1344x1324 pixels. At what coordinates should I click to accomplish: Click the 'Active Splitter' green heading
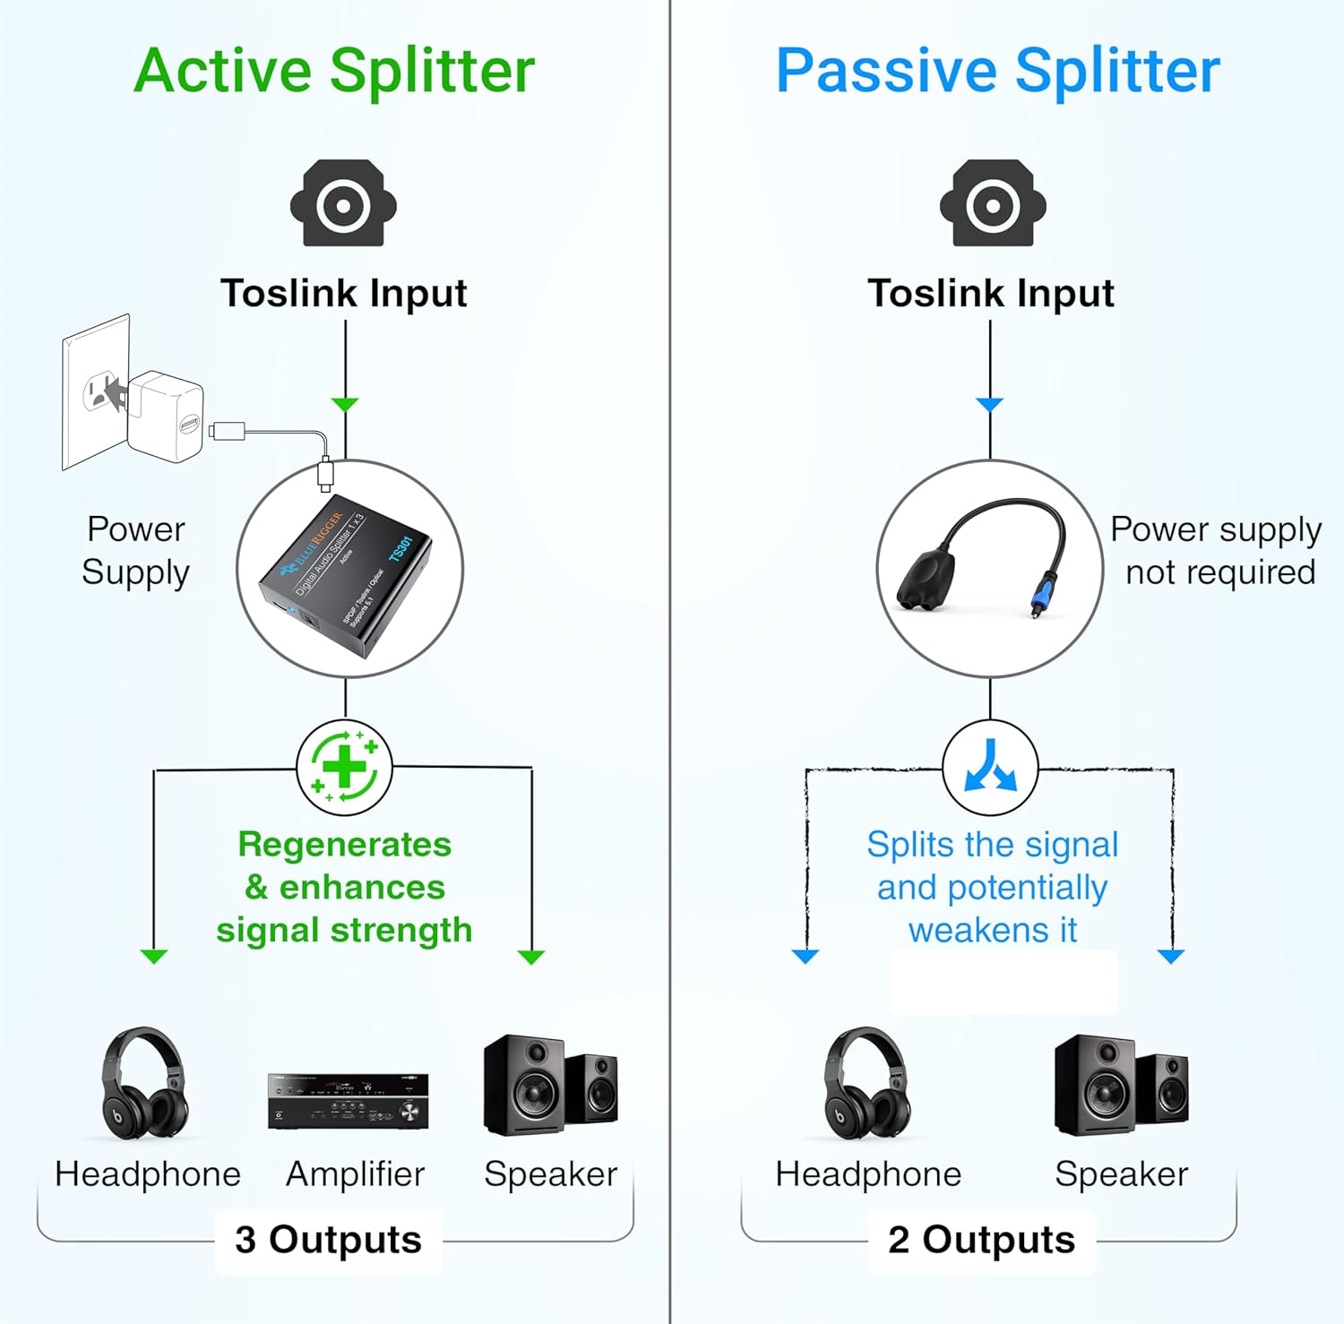point(334,71)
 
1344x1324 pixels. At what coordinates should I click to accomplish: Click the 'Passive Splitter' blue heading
point(997,71)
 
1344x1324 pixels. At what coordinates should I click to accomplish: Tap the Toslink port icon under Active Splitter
point(343,203)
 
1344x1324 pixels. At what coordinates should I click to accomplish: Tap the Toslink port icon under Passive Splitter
point(993,203)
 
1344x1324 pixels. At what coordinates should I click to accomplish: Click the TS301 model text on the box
point(401,548)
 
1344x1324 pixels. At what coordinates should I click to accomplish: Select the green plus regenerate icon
point(345,767)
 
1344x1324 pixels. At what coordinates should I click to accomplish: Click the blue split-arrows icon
point(990,767)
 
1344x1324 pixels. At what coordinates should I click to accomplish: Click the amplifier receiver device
point(348,1101)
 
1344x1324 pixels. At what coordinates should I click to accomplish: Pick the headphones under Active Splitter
point(143,1084)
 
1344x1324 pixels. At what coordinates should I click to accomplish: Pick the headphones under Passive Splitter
point(866,1084)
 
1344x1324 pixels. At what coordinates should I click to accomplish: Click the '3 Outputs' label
point(328,1240)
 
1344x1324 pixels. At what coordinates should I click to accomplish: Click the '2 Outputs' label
point(981,1240)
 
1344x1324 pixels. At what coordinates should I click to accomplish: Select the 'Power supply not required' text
point(1217,550)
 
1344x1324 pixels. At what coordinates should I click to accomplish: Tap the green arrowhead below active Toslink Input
point(345,405)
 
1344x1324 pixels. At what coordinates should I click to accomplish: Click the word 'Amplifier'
point(355,1174)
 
